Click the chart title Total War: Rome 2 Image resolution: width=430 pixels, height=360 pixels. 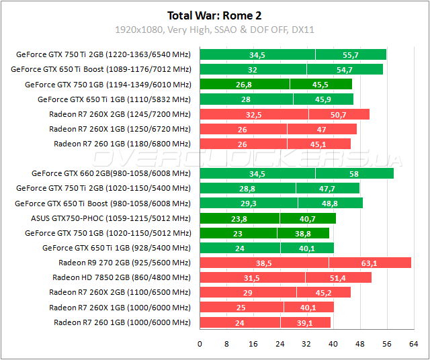click(215, 15)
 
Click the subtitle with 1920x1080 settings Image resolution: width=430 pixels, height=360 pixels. click(215, 30)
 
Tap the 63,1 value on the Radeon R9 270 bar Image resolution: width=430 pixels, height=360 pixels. click(370, 263)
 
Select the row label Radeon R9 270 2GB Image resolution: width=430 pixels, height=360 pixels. click(124, 263)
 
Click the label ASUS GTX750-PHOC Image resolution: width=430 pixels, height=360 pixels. click(111, 218)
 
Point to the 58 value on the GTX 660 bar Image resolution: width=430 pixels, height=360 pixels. click(354, 173)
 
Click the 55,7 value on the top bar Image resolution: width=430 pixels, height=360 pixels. click(350, 54)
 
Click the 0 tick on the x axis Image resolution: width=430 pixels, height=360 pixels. click(200, 343)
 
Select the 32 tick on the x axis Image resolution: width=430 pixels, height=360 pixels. click(306, 343)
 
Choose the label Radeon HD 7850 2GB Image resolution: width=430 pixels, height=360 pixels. click(122, 277)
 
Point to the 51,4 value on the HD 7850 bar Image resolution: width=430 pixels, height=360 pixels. click(337, 277)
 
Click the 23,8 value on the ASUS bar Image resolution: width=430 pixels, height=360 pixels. click(239, 218)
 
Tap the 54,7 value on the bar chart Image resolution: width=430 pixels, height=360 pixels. click(344, 69)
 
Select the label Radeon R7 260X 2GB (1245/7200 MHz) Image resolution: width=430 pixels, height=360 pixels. click(120, 114)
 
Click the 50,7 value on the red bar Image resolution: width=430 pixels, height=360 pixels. click(338, 114)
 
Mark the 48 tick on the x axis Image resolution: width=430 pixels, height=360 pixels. click(359, 343)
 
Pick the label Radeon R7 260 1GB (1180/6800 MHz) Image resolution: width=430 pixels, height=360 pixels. click(122, 144)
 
